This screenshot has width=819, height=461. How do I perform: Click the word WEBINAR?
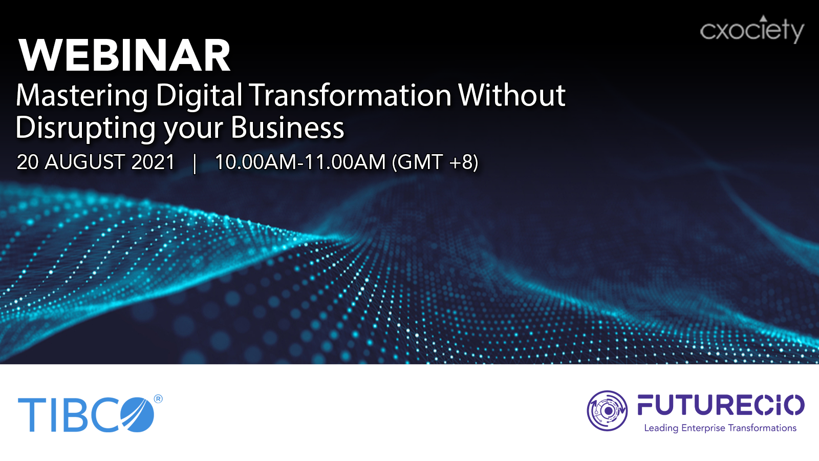pos(125,55)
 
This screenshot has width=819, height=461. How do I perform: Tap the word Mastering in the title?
pos(81,96)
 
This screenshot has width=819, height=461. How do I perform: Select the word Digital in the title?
pos(199,96)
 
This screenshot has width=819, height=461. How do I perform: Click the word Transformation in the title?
pos(351,95)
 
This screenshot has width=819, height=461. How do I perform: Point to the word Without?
pos(512,95)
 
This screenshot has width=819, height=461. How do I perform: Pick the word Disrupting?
pos(85,128)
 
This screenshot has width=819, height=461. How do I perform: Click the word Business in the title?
pos(287,128)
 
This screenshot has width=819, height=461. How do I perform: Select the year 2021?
pos(153,162)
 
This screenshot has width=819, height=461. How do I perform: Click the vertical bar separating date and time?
pos(195,163)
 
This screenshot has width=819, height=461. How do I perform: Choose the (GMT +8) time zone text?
pos(435,162)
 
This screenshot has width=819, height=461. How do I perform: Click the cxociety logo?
pos(752,29)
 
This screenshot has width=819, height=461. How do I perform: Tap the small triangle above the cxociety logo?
pos(763,18)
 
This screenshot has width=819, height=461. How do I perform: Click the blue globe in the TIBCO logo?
pos(138,414)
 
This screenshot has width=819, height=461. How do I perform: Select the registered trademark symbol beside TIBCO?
pos(158,399)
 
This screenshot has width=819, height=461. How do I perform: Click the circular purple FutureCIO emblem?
pos(607,410)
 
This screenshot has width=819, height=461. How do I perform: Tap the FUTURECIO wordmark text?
pos(721,405)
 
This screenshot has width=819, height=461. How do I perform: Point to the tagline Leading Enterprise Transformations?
pos(720,428)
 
